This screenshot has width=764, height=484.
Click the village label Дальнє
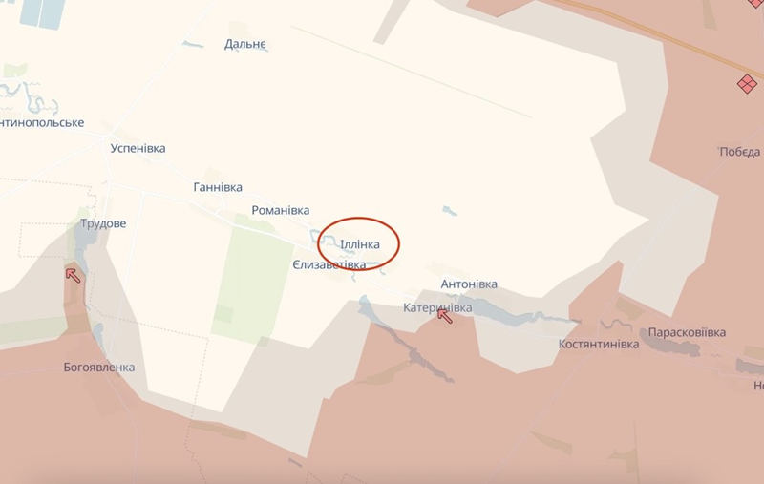245,44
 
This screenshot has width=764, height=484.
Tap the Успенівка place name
138,149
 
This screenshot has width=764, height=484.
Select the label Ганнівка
218,187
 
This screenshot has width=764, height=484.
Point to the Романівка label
280,210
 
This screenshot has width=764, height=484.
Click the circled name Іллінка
360,244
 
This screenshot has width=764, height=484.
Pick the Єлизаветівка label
329,264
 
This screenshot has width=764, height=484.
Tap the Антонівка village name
469,284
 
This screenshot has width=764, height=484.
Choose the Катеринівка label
437,307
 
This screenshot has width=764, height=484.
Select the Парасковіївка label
687,332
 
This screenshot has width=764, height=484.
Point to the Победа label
740,152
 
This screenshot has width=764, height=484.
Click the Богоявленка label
99,367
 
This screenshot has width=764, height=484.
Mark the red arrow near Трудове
73,276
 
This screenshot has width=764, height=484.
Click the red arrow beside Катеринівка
445,315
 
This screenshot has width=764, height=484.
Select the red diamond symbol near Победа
747,84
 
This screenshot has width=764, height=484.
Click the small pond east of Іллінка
449,209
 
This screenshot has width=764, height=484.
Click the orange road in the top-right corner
659,28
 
